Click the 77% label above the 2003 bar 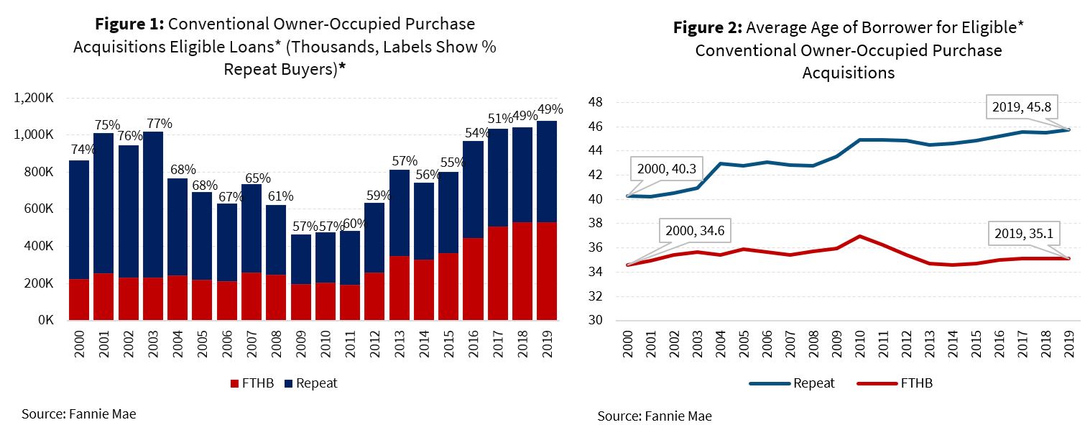click(157, 123)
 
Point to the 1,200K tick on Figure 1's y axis click(37, 98)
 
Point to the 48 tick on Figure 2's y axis click(596, 103)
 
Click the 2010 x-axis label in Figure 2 click(859, 348)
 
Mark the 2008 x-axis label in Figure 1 click(276, 349)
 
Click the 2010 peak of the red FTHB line click(859, 236)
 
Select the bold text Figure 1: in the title click(129, 24)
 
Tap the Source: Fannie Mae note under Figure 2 click(654, 416)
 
